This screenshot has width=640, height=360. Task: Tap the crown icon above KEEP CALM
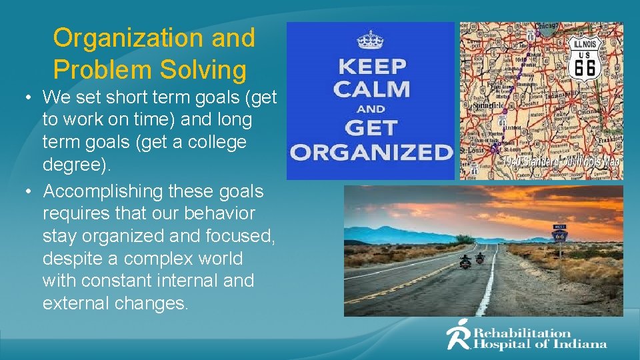(370, 40)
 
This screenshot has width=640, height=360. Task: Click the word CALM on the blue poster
(371, 88)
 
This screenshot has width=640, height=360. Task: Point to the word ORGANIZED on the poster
(371, 152)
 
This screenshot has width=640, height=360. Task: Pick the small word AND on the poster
(371, 109)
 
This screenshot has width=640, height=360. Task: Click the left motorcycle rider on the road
(465, 261)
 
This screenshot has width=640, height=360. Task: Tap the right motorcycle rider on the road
(480, 256)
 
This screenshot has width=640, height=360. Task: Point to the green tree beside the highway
(465, 238)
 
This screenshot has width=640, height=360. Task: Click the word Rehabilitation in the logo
(523, 333)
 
